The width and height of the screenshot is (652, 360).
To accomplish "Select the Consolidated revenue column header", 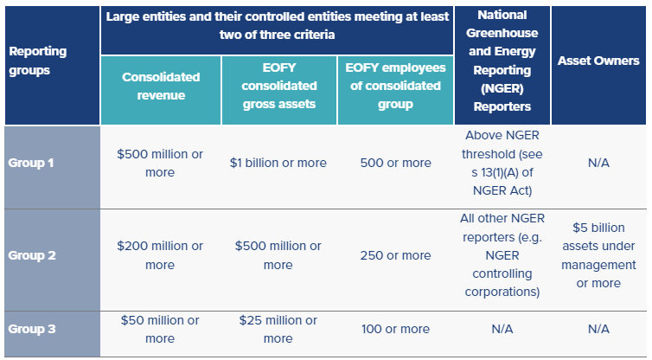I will click(x=160, y=86).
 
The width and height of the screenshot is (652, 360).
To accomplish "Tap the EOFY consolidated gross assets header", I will click(x=278, y=86).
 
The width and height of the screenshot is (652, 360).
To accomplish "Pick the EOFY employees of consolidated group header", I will click(x=395, y=86).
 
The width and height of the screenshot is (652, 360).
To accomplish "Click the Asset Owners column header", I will click(x=598, y=61).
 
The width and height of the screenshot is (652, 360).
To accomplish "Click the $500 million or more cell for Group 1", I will click(x=160, y=163).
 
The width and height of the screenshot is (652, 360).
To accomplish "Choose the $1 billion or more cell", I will click(x=278, y=163).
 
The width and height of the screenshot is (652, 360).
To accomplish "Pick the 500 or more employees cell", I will click(x=395, y=163).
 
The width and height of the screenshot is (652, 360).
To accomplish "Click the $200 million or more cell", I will click(x=160, y=255).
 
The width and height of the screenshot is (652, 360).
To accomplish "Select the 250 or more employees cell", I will click(x=395, y=255).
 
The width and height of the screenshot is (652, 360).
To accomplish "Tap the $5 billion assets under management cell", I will click(x=598, y=255).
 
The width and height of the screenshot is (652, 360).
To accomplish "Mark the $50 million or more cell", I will click(x=160, y=329).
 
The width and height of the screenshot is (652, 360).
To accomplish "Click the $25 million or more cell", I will click(x=278, y=329).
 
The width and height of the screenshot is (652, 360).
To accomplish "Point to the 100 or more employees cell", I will click(x=395, y=329).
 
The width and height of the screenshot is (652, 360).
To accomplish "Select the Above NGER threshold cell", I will click(x=502, y=163).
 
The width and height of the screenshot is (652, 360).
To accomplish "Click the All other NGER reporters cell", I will click(x=502, y=255).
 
